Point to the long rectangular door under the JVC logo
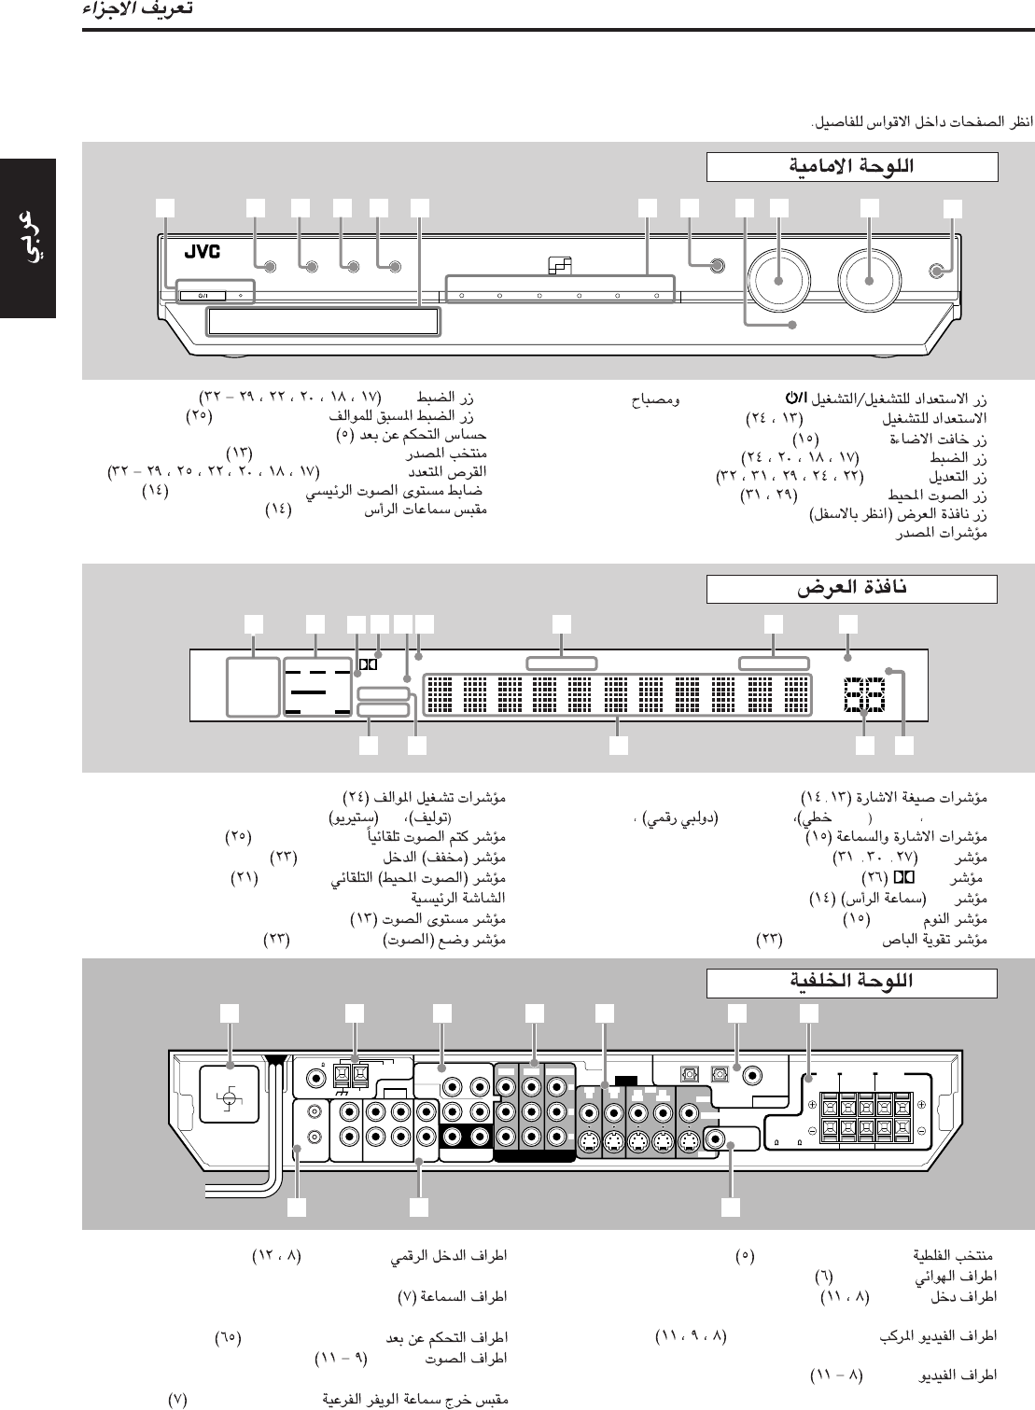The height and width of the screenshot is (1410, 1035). pyautogui.click(x=323, y=322)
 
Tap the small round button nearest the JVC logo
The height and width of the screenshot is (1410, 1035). pyautogui.click(x=270, y=268)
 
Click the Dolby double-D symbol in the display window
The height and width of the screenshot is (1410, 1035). pyautogui.click(x=367, y=665)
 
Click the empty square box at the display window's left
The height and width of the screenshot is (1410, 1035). pyautogui.click(x=253, y=687)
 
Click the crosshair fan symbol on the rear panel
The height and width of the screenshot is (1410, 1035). pyautogui.click(x=231, y=1101)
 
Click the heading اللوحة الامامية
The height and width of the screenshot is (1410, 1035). pyautogui.click(x=851, y=167)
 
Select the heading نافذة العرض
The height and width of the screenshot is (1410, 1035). pyautogui.click(x=851, y=589)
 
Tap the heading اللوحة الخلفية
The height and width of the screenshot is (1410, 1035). pyautogui.click(x=851, y=981)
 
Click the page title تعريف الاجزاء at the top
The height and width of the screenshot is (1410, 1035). pyautogui.click(x=137, y=10)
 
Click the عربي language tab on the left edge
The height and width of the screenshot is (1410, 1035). pyautogui.click(x=28, y=238)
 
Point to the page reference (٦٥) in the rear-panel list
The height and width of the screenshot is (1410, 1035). pyautogui.click(x=228, y=1336)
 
